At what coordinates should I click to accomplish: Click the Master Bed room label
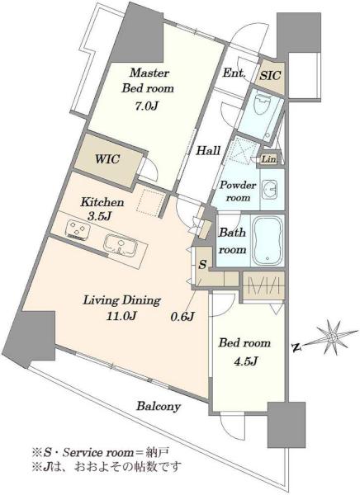(x=148, y=81)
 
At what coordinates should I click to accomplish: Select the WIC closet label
(x=107, y=158)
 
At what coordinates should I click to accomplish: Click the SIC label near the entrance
(x=270, y=75)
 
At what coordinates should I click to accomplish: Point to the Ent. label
(x=234, y=73)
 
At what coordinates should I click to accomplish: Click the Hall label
(x=208, y=150)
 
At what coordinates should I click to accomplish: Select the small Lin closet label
(x=268, y=159)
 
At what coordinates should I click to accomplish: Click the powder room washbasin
(x=270, y=189)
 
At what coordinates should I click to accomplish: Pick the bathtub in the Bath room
(x=268, y=241)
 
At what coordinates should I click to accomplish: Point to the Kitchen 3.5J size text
(x=98, y=216)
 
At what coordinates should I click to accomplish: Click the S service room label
(x=202, y=264)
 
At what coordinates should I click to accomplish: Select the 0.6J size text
(x=182, y=316)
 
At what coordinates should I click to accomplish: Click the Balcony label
(x=159, y=406)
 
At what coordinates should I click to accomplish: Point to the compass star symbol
(x=332, y=337)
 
